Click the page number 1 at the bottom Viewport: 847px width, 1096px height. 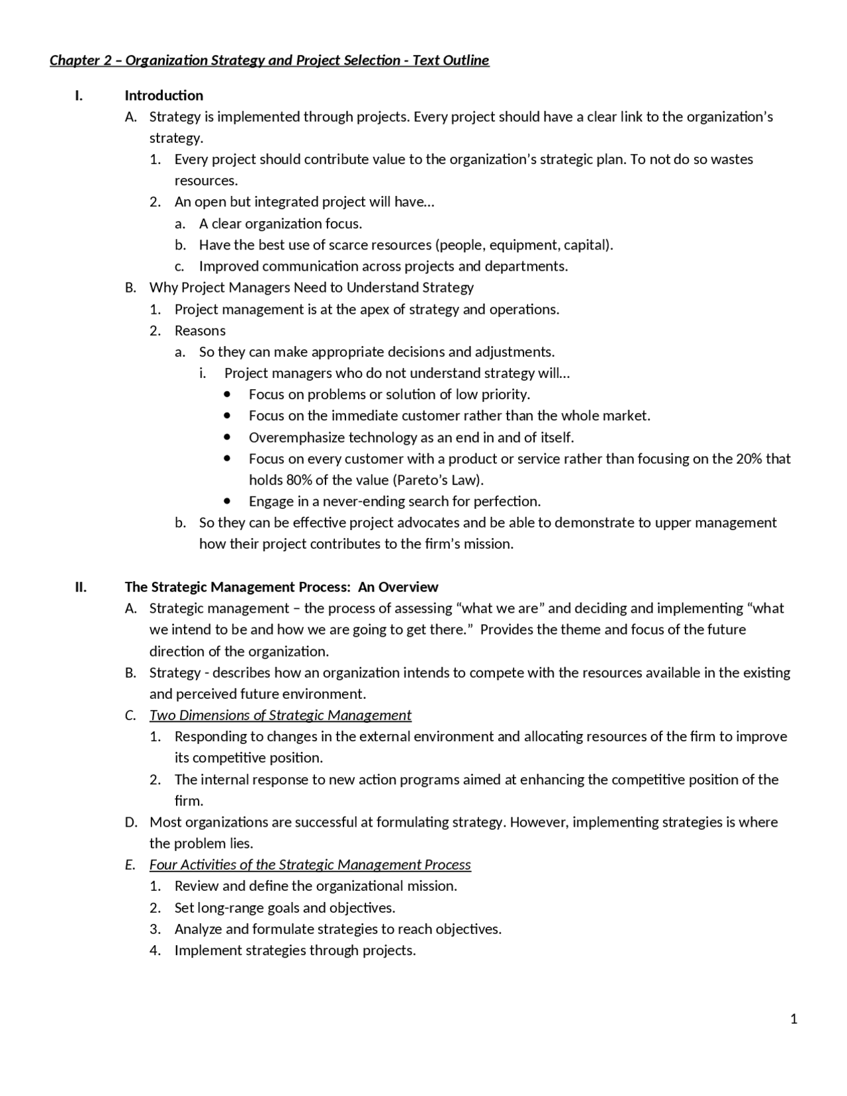pos(793,1019)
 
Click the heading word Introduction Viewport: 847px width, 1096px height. pos(163,95)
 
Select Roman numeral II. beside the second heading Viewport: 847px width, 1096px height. pos(81,587)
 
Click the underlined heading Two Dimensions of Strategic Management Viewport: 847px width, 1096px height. pos(280,715)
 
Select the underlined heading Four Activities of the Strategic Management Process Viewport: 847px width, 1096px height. pos(310,864)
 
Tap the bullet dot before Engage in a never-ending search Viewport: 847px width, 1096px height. pos(228,501)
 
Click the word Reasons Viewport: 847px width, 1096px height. pos(200,330)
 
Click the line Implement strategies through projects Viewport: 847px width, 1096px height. pos(295,950)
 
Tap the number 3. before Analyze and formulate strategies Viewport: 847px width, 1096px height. pos(155,929)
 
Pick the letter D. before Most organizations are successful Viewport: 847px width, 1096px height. pos(131,822)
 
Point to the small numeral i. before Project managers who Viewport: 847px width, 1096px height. pos(202,373)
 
